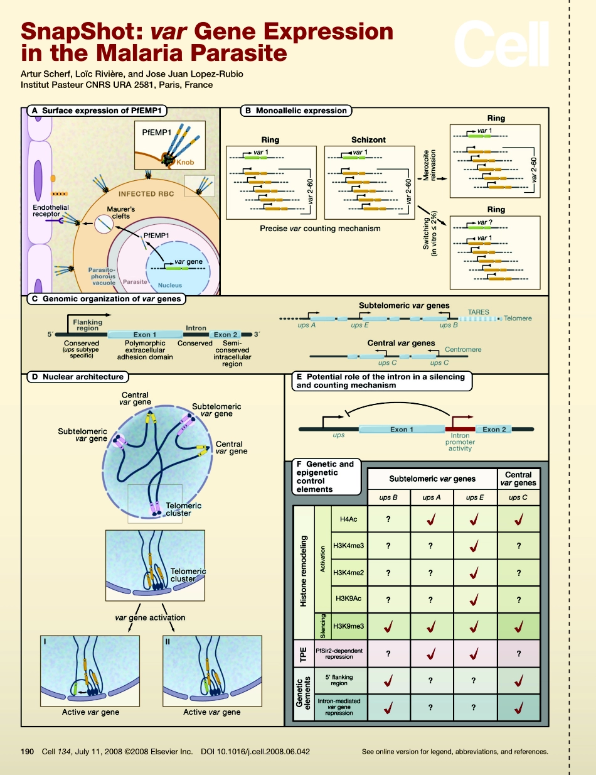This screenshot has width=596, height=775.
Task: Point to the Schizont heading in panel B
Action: click(x=369, y=139)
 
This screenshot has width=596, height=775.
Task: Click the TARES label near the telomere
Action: click(x=478, y=312)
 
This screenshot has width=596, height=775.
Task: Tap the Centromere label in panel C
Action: click(x=463, y=349)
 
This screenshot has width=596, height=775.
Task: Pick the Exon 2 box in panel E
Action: click(x=495, y=430)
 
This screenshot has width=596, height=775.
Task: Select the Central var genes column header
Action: click(x=518, y=479)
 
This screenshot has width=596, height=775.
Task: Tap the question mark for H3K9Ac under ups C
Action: click(x=518, y=599)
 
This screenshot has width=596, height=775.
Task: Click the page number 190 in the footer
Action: click(x=28, y=751)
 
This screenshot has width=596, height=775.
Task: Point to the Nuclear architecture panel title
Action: click(x=77, y=377)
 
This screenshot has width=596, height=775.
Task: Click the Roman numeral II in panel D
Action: click(x=168, y=643)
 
